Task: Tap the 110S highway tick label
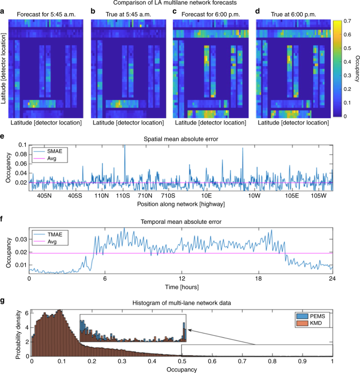click(x=123, y=195)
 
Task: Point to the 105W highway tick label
click(x=317, y=195)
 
